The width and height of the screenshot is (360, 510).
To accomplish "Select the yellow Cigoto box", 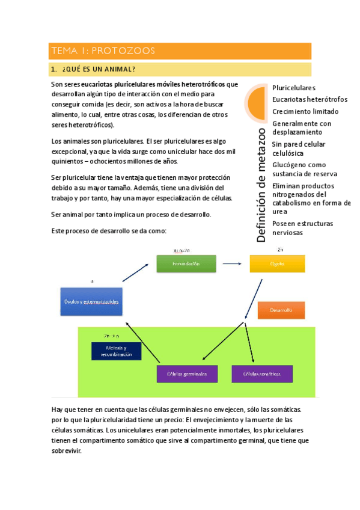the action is [x=277, y=263].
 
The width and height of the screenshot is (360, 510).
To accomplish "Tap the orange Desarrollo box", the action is [x=281, y=310].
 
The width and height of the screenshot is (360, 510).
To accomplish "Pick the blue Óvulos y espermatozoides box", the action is [x=91, y=301].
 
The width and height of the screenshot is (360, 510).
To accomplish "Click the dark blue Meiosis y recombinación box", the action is [x=117, y=351].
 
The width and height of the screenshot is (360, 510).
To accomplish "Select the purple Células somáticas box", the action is [x=261, y=373].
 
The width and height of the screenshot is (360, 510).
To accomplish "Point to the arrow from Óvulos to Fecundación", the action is [x=135, y=271].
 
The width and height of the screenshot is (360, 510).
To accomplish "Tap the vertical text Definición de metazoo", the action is [x=261, y=184].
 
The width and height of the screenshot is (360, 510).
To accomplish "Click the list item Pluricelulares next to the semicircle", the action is [x=294, y=88].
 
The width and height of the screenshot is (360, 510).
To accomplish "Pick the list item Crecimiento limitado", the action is [x=305, y=111].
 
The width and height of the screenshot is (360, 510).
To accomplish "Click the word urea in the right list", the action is [x=279, y=212].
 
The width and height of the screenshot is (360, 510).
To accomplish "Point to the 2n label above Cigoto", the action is [x=280, y=249].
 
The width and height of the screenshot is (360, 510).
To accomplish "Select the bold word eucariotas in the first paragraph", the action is [x=99, y=84].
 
